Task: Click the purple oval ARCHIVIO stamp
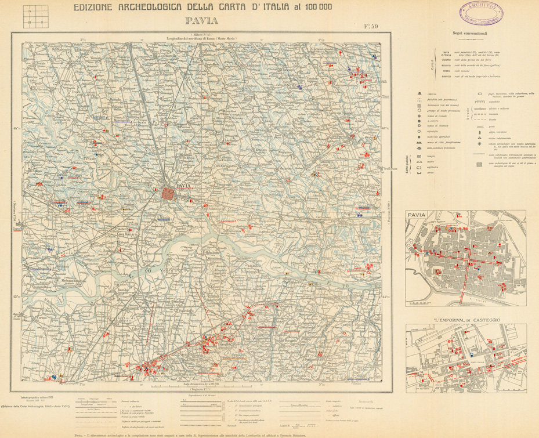click(x=481, y=11)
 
